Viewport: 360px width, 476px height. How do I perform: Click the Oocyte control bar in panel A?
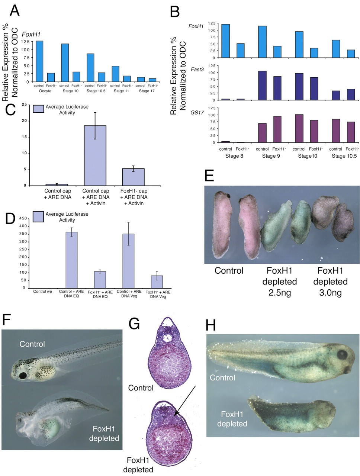pos(39,61)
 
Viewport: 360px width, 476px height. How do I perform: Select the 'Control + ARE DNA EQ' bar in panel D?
pos(72,260)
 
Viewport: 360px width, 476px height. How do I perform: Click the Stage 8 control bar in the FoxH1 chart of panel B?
pos(225,41)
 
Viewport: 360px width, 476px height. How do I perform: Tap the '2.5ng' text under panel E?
pos(279,293)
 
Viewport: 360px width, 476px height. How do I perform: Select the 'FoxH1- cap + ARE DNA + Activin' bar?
pos(133,177)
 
